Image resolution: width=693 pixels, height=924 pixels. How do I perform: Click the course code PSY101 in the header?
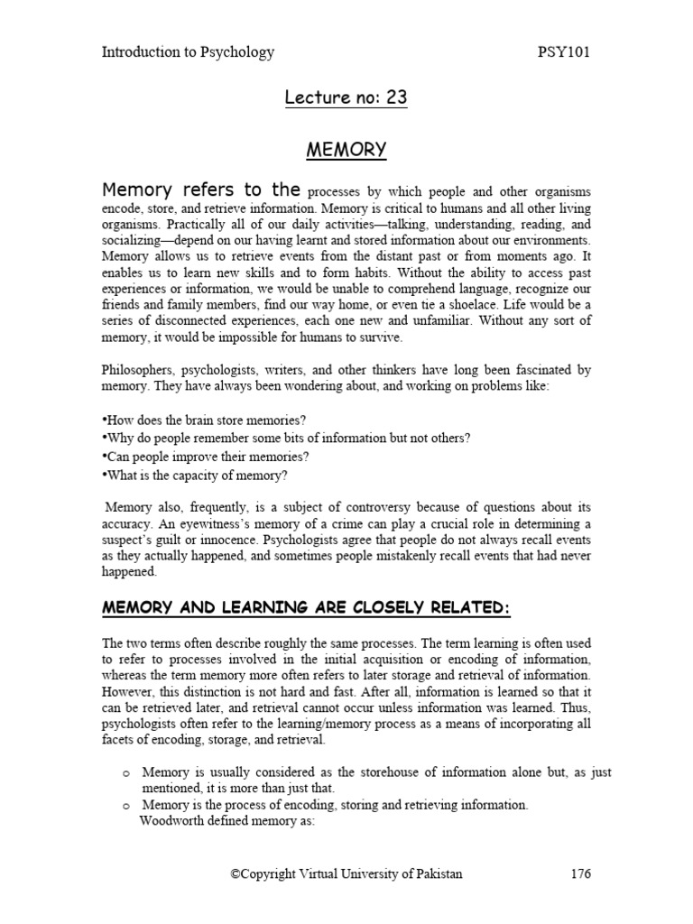(563, 52)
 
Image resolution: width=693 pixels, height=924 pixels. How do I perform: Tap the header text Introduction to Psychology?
(188, 52)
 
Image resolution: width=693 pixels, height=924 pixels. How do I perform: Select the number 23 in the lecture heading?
(397, 98)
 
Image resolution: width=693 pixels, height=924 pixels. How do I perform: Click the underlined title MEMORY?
(346, 149)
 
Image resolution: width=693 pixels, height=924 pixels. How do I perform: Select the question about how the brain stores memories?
(206, 420)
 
